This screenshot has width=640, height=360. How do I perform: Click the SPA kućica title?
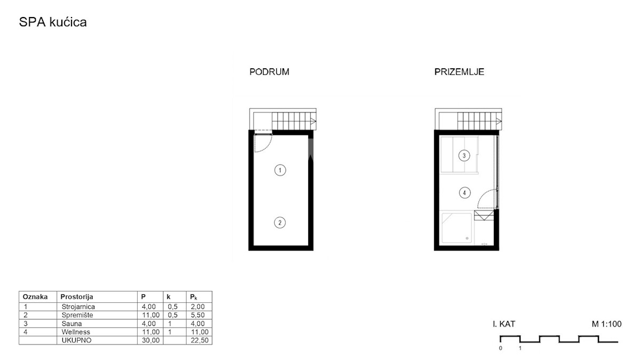pyautogui.click(x=53, y=22)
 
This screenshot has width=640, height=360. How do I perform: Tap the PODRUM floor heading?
pyautogui.click(x=269, y=71)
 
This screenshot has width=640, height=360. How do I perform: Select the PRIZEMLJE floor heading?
pyautogui.click(x=459, y=71)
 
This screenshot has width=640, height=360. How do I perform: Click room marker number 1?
pyautogui.click(x=280, y=170)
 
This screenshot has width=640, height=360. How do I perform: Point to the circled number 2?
pyautogui.click(x=279, y=222)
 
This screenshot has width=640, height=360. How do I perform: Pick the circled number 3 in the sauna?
pyautogui.click(x=464, y=156)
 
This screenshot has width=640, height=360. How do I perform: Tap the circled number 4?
pyautogui.click(x=465, y=193)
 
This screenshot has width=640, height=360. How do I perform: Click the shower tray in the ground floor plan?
pyautogui.click(x=457, y=228)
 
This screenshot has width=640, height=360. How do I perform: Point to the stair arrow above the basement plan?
pyautogui.click(x=313, y=122)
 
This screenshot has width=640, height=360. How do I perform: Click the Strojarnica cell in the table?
pyautogui.click(x=78, y=307)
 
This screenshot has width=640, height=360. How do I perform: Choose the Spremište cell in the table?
pyautogui.click(x=77, y=315)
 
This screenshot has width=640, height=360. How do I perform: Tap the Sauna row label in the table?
pyautogui.click(x=71, y=324)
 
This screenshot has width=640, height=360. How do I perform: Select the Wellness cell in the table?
pyautogui.click(x=76, y=332)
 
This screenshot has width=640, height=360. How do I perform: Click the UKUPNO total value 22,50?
pyautogui.click(x=199, y=340)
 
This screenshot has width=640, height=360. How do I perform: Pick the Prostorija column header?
pyautogui.click(x=77, y=297)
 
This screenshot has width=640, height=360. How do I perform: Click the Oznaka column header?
pyautogui.click(x=35, y=297)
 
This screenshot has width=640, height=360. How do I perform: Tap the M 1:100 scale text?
pyautogui.click(x=606, y=324)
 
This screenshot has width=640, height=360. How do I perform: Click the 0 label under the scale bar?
pyautogui.click(x=500, y=348)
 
